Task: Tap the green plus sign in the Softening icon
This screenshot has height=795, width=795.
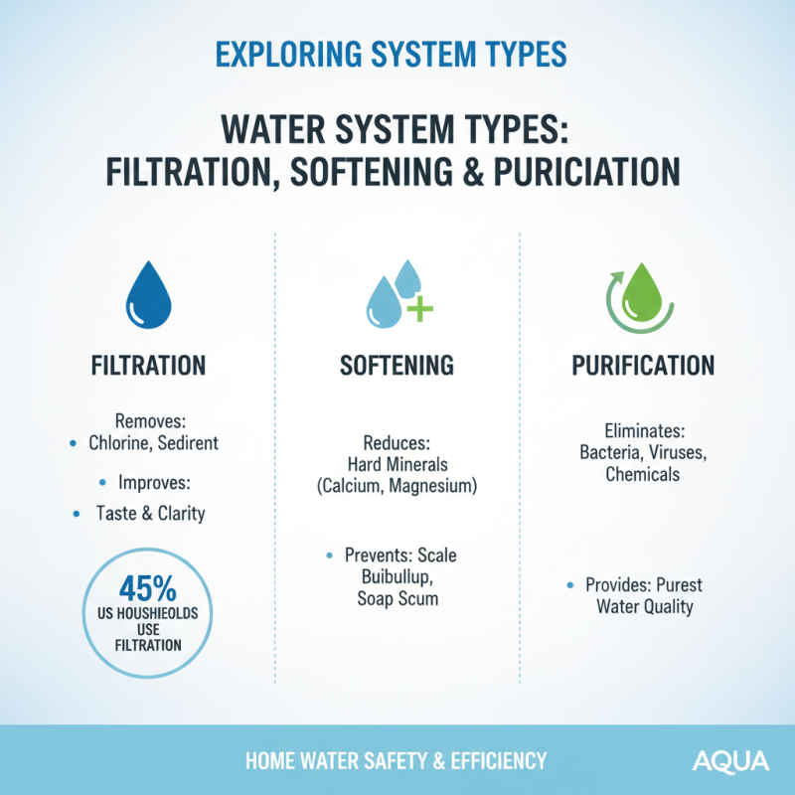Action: click(420, 308)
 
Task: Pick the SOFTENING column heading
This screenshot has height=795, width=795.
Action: click(397, 365)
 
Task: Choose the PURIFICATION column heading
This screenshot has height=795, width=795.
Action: click(643, 365)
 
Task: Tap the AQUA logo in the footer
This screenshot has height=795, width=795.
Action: click(730, 761)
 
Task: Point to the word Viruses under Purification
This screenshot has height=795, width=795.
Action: click(678, 452)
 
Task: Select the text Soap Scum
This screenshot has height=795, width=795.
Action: click(397, 599)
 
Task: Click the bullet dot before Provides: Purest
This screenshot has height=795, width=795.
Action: click(569, 585)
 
